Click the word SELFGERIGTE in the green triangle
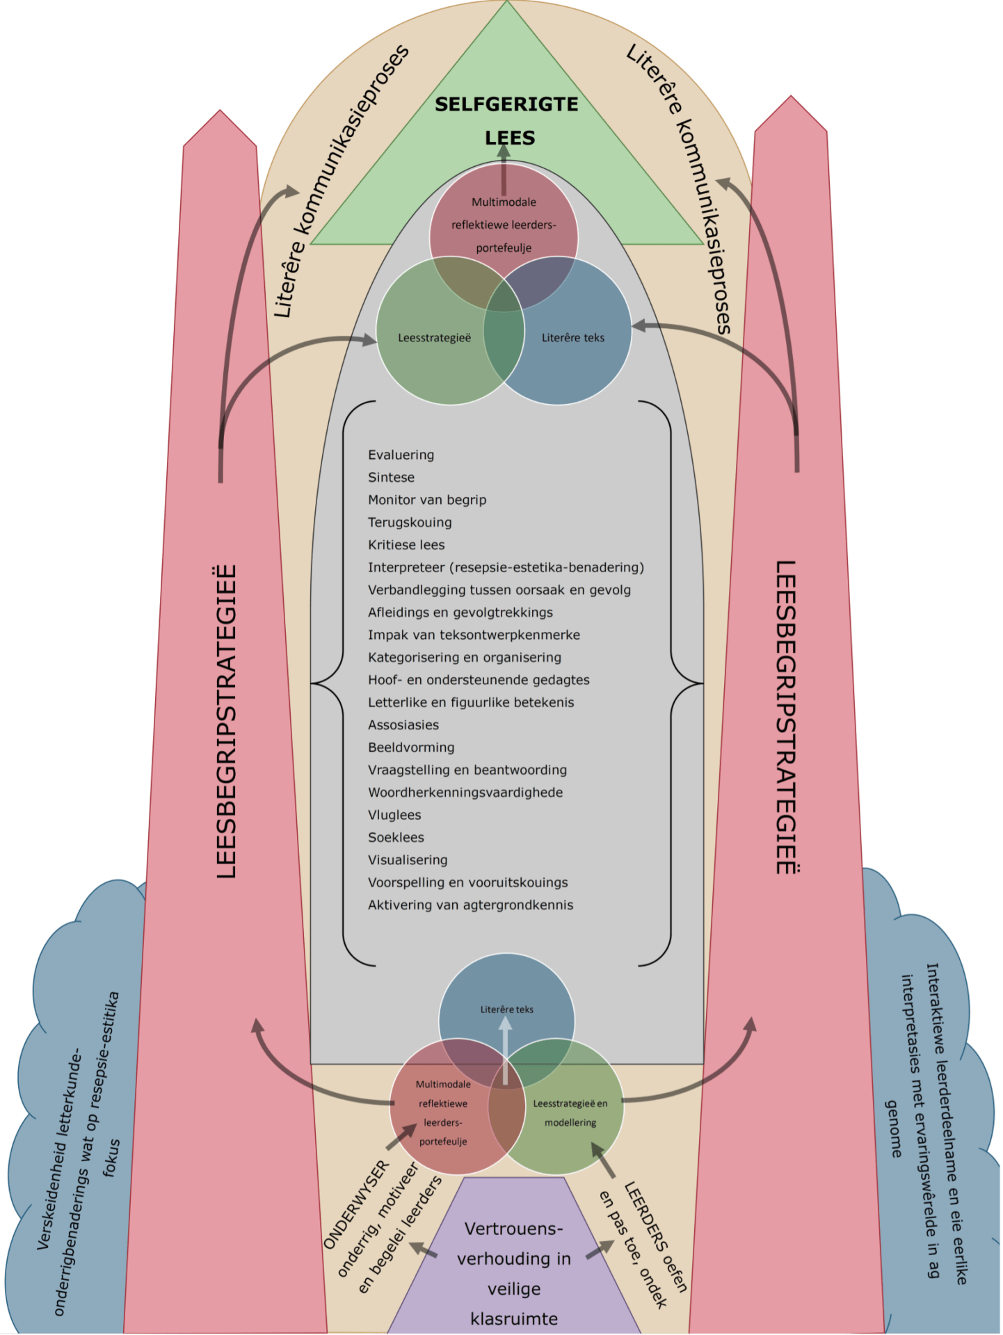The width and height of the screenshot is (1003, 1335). (x=506, y=104)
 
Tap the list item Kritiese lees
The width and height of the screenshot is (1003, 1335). (x=406, y=545)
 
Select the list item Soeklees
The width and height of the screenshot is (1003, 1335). (x=396, y=838)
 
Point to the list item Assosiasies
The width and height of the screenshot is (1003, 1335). (x=403, y=725)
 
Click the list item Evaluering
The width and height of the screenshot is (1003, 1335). (x=401, y=455)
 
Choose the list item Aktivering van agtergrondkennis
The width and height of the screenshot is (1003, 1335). (x=470, y=905)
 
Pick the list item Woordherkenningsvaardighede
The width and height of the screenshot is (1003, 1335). (x=465, y=793)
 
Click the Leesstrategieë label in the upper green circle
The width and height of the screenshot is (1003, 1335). (x=434, y=338)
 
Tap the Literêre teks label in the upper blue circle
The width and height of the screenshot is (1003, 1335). (x=573, y=338)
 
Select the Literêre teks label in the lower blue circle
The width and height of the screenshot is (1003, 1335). (x=506, y=1010)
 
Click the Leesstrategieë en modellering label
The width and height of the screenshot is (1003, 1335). (x=570, y=1112)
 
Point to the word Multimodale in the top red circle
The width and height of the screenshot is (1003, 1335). (x=504, y=202)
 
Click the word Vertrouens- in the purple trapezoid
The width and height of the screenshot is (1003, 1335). (x=513, y=1229)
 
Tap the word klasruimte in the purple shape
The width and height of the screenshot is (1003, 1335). (x=514, y=1319)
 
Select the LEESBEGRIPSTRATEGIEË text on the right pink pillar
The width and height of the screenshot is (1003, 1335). (x=787, y=717)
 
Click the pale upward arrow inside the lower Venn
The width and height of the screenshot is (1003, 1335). (x=506, y=1050)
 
